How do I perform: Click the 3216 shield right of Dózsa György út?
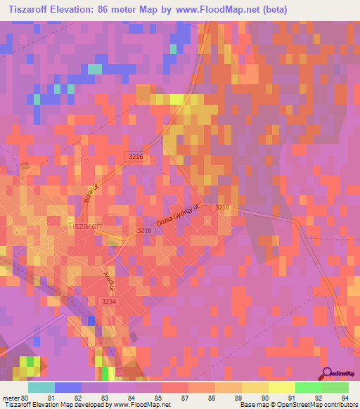tap(222, 207)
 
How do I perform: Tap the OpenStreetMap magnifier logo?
tap(328, 373)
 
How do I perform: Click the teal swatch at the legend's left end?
tap(41, 387)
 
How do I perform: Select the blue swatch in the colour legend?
tap(68, 387)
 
